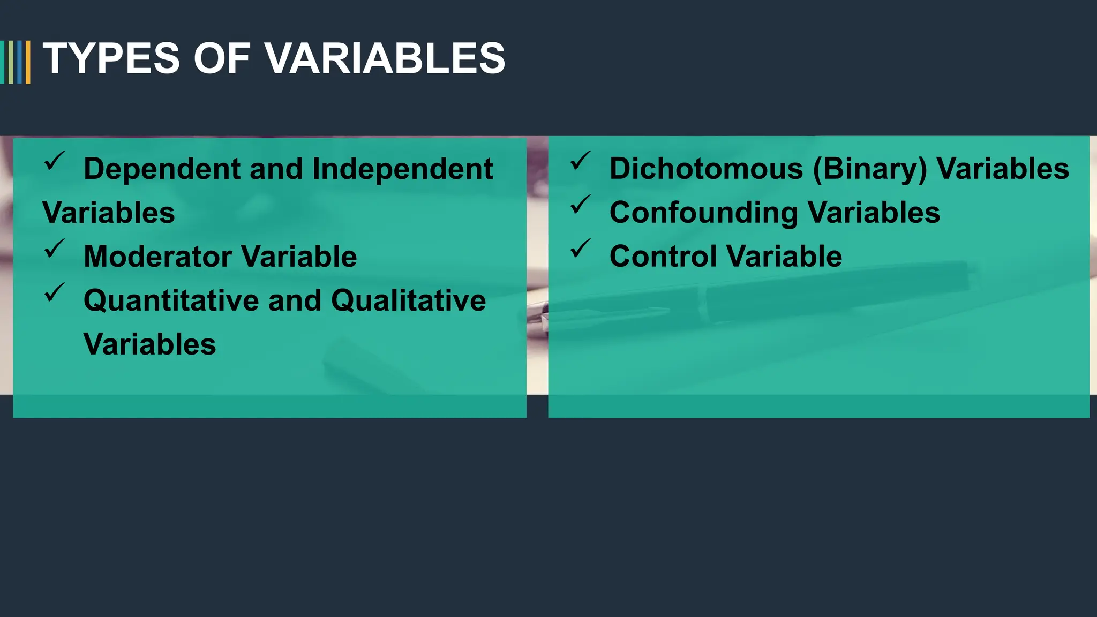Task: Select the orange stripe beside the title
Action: pyautogui.click(x=28, y=62)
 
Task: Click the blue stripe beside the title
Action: pyautogui.click(x=20, y=62)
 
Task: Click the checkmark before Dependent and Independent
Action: pyautogui.click(x=54, y=161)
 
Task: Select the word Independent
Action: pyautogui.click(x=402, y=169)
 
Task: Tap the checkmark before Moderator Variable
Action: pyautogui.click(x=54, y=249)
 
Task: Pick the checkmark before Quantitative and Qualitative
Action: pyautogui.click(x=54, y=292)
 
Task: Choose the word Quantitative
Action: pyautogui.click(x=171, y=300)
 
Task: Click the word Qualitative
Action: pyautogui.click(x=408, y=300)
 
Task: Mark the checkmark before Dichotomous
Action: pyautogui.click(x=580, y=161)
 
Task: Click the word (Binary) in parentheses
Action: pyautogui.click(x=869, y=169)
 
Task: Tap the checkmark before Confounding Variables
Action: pyautogui.click(x=580, y=205)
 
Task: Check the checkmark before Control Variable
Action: pyautogui.click(x=580, y=249)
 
